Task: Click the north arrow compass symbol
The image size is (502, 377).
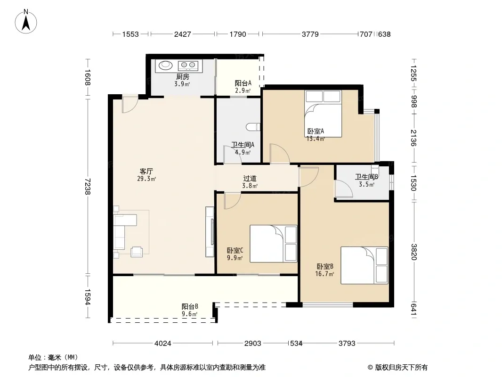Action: (x=26, y=22)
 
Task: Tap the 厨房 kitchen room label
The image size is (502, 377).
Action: (x=183, y=76)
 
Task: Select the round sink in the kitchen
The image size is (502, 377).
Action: (x=165, y=65)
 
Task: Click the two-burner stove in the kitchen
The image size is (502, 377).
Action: (x=188, y=66)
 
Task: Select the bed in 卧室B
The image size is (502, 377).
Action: (x=364, y=265)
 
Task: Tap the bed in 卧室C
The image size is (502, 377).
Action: (x=274, y=244)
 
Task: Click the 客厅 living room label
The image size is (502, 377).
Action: (x=146, y=172)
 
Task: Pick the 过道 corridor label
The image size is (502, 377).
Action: (x=250, y=179)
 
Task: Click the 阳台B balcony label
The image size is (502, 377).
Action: (x=190, y=306)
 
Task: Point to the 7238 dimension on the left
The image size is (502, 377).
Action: (x=88, y=187)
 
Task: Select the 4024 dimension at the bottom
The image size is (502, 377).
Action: (x=163, y=344)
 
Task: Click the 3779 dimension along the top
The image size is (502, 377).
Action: (x=310, y=34)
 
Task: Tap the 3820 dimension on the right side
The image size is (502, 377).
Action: (x=413, y=252)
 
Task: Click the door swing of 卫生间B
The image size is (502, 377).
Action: (x=343, y=188)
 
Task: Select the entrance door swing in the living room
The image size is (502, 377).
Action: (x=130, y=104)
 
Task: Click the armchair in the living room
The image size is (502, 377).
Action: (x=137, y=252)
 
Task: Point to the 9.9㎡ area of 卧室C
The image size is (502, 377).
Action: (x=235, y=258)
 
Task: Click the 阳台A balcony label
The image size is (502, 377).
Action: (x=243, y=83)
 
